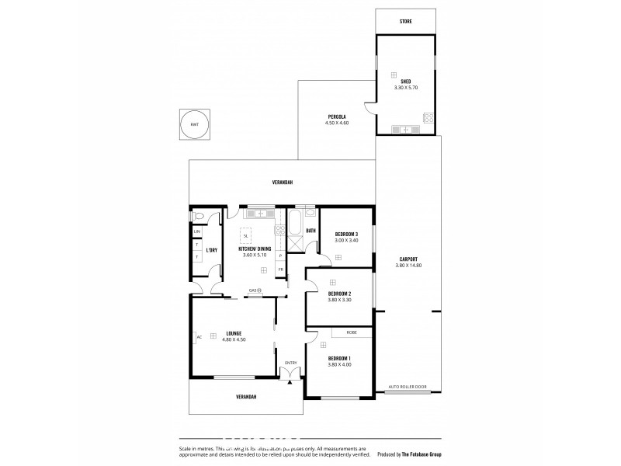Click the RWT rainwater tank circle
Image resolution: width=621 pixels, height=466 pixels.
tap(194, 124)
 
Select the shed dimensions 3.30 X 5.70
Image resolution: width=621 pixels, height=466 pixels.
tap(405, 88)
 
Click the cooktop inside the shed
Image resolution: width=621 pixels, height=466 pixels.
tap(427, 118)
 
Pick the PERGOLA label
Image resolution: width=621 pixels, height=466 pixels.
tap(337, 116)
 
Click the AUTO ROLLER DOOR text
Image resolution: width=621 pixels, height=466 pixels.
tap(407, 386)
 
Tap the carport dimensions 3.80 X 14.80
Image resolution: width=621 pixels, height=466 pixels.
tap(407, 266)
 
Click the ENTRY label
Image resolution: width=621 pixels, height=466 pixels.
tap(291, 363)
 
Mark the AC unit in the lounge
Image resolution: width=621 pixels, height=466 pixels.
tap(199, 336)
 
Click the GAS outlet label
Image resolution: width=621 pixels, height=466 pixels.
tap(253, 290)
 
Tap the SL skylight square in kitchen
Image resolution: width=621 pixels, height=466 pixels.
tap(246, 235)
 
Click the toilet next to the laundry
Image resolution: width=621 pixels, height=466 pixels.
tap(199, 216)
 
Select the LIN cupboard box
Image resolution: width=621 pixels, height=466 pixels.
tap(197, 231)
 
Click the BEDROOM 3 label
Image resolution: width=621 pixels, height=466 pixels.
tap(345, 234)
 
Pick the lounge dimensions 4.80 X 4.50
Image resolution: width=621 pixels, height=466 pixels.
tap(233, 339)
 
